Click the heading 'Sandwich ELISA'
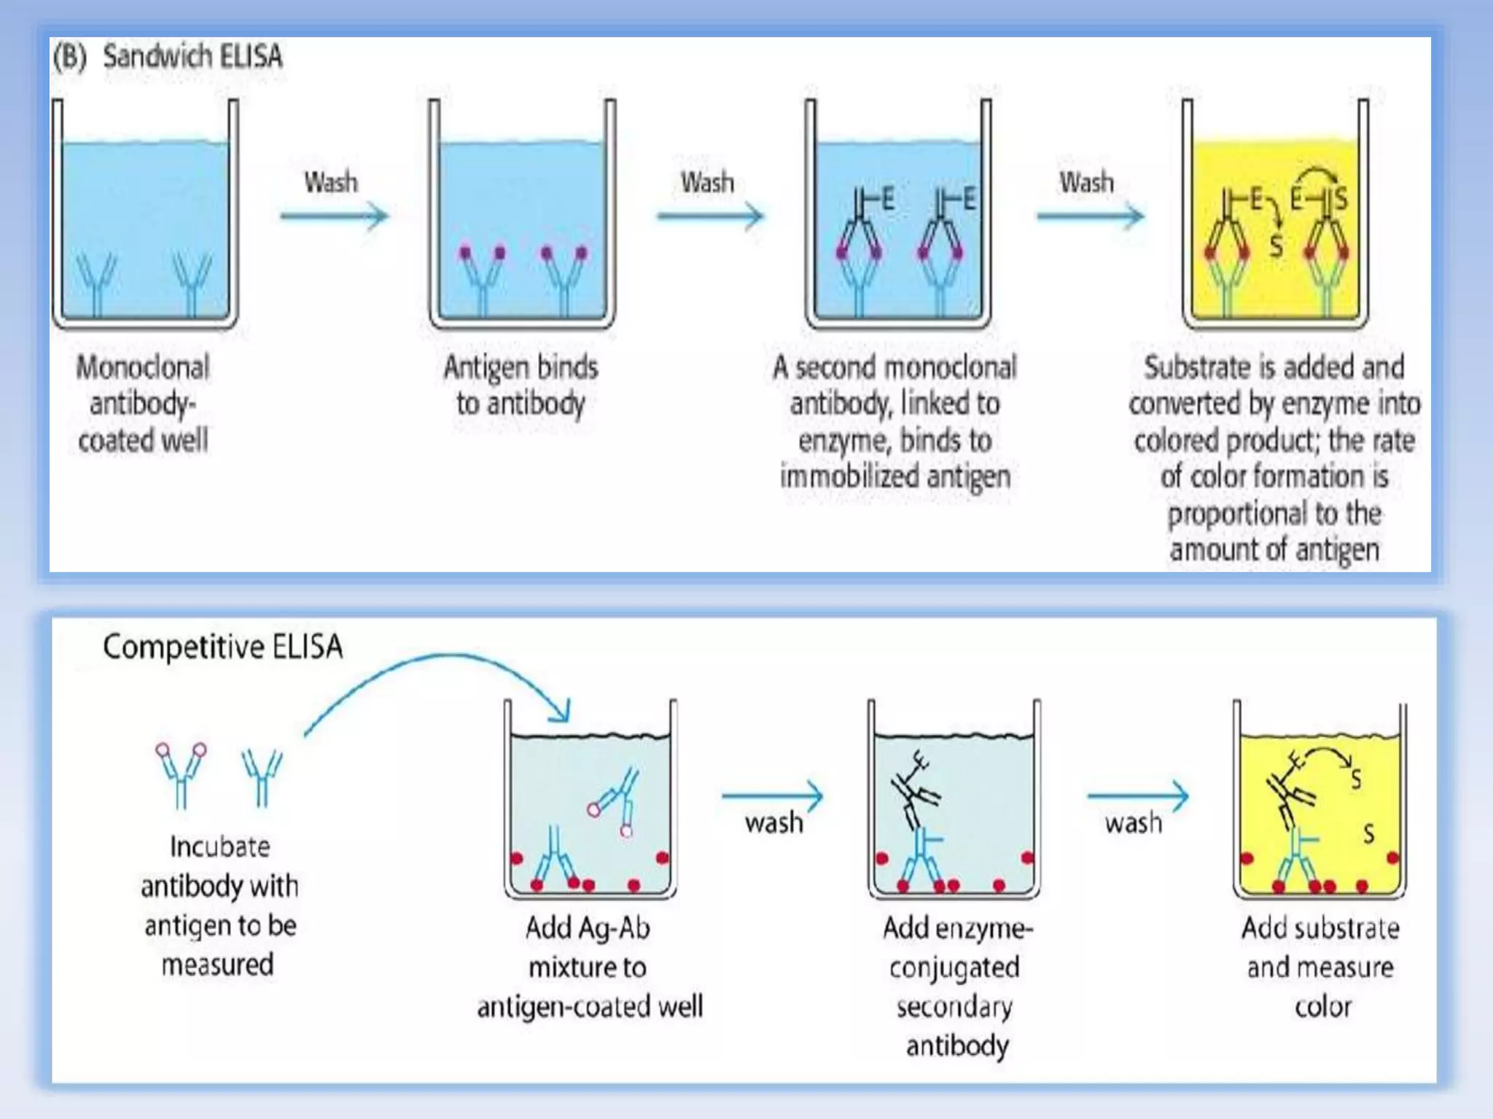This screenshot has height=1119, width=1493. tap(192, 57)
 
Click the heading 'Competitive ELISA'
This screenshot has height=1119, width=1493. tap(222, 647)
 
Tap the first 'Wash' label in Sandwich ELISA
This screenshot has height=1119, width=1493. tap(331, 182)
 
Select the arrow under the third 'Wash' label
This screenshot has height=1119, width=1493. tap(1090, 216)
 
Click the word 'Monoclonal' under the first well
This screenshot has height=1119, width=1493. tap(143, 367)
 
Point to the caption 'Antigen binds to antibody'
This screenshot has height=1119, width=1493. tap(521, 385)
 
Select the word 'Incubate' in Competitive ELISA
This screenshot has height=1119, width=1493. tap(219, 847)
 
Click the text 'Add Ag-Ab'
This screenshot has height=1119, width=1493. tap(588, 928)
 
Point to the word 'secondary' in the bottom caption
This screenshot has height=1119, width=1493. tap(954, 1007)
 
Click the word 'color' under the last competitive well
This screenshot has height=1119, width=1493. tap(1322, 1007)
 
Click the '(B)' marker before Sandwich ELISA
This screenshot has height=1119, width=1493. tap(69, 57)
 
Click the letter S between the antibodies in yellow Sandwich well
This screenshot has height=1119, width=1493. tap(1276, 246)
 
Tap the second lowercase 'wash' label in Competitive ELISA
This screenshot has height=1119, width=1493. tap(1133, 823)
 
